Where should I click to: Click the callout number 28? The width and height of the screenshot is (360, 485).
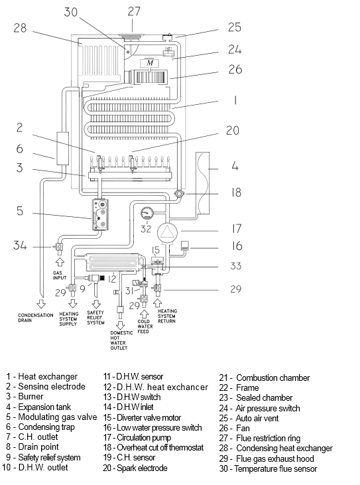click(20, 28)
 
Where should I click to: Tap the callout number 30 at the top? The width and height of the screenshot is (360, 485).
click(70, 12)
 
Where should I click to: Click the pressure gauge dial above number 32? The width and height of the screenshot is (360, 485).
click(147, 214)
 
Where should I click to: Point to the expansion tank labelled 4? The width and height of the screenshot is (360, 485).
click(203, 183)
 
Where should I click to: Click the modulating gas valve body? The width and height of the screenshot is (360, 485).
click(100, 215)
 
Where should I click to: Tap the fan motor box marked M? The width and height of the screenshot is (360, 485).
click(150, 63)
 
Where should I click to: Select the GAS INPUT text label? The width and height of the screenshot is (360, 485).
click(59, 275)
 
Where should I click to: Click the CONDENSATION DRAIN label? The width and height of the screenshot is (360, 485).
click(36, 318)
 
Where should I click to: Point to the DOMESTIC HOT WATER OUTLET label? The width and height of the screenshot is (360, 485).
click(121, 340)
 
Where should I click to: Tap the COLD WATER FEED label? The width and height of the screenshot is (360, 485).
click(145, 326)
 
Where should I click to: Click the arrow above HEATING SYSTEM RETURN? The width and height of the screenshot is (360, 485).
click(158, 302)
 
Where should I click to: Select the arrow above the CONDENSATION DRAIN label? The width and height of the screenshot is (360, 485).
click(41, 303)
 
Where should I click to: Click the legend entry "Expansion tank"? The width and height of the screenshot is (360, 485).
click(38, 407)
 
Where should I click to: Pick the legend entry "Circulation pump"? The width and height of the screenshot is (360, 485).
click(137, 438)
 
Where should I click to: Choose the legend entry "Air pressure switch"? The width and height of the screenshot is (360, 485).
click(260, 408)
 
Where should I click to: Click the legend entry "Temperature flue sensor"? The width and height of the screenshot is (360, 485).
click(269, 469)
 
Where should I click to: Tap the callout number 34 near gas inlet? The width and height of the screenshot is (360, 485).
click(20, 245)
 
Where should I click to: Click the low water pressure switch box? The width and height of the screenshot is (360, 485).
click(185, 245)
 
